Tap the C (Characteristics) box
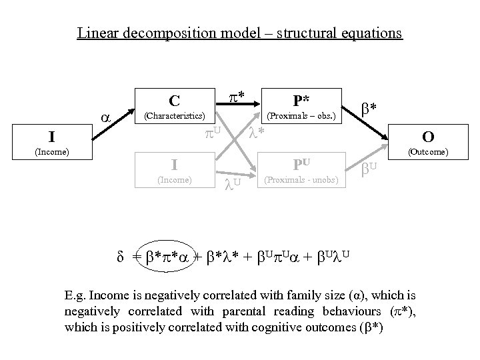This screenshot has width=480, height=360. (x=174, y=107)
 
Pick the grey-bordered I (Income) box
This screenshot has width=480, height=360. (x=174, y=170)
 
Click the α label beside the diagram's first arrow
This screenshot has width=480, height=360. (x=105, y=116)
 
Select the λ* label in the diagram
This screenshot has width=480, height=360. (x=256, y=133)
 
